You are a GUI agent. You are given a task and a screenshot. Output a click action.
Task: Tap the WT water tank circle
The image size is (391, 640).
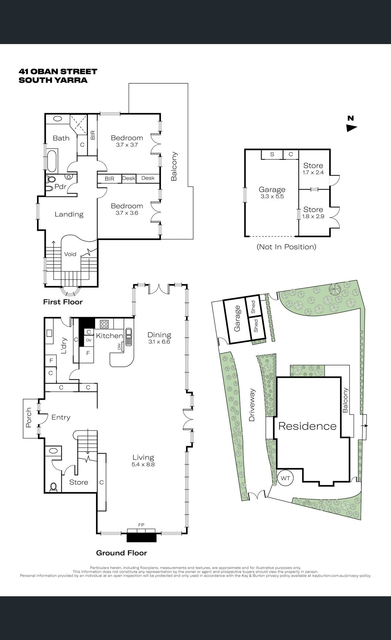click(x=285, y=478)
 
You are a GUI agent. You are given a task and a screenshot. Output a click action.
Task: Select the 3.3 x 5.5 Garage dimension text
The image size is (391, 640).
click(x=272, y=196)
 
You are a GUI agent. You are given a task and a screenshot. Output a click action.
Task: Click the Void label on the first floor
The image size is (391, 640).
click(x=70, y=254)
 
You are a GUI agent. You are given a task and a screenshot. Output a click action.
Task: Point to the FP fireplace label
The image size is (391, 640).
click(x=141, y=525)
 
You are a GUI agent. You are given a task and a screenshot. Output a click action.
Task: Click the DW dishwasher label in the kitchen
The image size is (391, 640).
click(x=119, y=347)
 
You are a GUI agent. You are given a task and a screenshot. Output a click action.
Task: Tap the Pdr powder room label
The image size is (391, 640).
click(x=60, y=186)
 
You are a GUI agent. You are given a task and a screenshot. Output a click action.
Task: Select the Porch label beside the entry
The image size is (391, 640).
click(x=29, y=418)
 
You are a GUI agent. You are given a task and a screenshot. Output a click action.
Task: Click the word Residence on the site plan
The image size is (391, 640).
click(x=308, y=426)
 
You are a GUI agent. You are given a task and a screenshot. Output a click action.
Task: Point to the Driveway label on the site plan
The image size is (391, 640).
click(x=252, y=405)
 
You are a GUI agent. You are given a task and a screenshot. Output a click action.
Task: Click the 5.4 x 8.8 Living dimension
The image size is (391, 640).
click(x=143, y=464)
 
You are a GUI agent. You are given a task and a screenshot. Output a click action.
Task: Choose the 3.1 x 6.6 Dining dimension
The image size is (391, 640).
click(x=159, y=342)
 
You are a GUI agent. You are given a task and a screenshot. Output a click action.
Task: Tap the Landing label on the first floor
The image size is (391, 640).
click(x=69, y=214)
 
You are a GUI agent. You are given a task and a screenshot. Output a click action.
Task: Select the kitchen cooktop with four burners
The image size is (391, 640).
click(x=104, y=324)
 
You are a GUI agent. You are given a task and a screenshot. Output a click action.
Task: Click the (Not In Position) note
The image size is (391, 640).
click(x=286, y=247)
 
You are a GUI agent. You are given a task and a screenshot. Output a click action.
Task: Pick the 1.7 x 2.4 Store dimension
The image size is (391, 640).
click(x=313, y=172)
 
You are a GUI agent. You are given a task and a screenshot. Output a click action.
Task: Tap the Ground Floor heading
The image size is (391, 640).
click(x=122, y=553)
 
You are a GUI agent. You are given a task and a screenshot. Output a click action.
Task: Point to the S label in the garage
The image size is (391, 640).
click(x=272, y=155)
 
